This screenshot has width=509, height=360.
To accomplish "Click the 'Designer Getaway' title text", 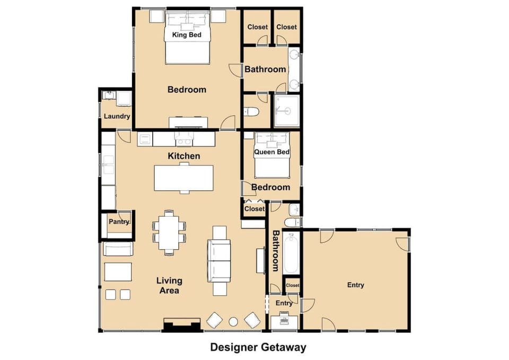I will click(x=258, y=347).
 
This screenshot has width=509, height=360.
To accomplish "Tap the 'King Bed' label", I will click(x=187, y=35).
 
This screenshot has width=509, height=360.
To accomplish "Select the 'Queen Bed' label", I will click(x=272, y=152).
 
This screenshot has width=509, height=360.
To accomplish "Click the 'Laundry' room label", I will click(x=117, y=117).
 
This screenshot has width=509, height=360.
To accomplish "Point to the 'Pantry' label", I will click(x=119, y=222).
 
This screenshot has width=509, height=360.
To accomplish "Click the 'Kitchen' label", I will click(x=184, y=156).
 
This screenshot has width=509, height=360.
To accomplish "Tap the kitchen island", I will click(x=183, y=178).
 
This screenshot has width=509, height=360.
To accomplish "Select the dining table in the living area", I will click(x=170, y=232).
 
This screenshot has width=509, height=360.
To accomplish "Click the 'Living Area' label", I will click(x=169, y=285).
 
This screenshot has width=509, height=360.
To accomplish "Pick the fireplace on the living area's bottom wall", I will click(x=181, y=324).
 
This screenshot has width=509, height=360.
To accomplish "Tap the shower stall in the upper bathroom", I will click(x=287, y=110).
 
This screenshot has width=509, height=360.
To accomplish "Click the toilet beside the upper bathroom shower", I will click(x=251, y=112).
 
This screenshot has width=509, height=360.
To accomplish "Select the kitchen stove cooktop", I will click(x=184, y=139).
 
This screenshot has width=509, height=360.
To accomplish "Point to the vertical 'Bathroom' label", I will click(x=275, y=250).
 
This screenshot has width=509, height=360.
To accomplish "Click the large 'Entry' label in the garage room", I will click(x=355, y=285).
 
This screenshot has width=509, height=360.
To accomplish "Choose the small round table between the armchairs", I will click(x=233, y=321).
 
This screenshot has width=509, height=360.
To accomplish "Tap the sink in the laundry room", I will click(x=110, y=96).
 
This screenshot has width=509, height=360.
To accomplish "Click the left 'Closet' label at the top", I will click(x=258, y=27).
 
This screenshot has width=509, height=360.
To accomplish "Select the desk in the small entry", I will click(x=284, y=322).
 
